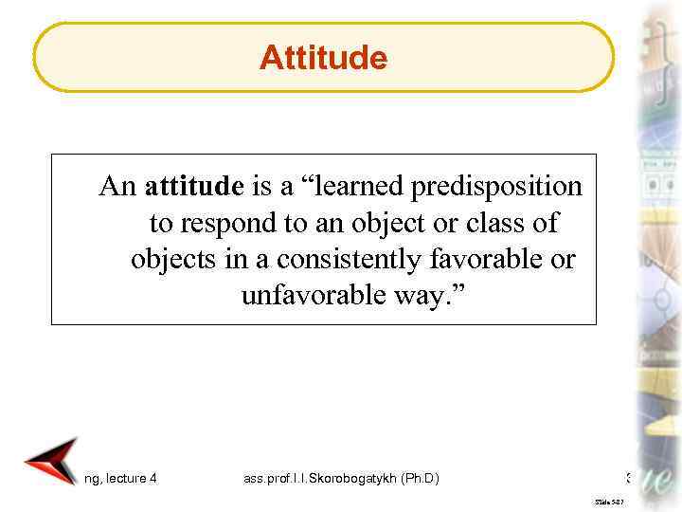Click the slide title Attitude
(x=323, y=59)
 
